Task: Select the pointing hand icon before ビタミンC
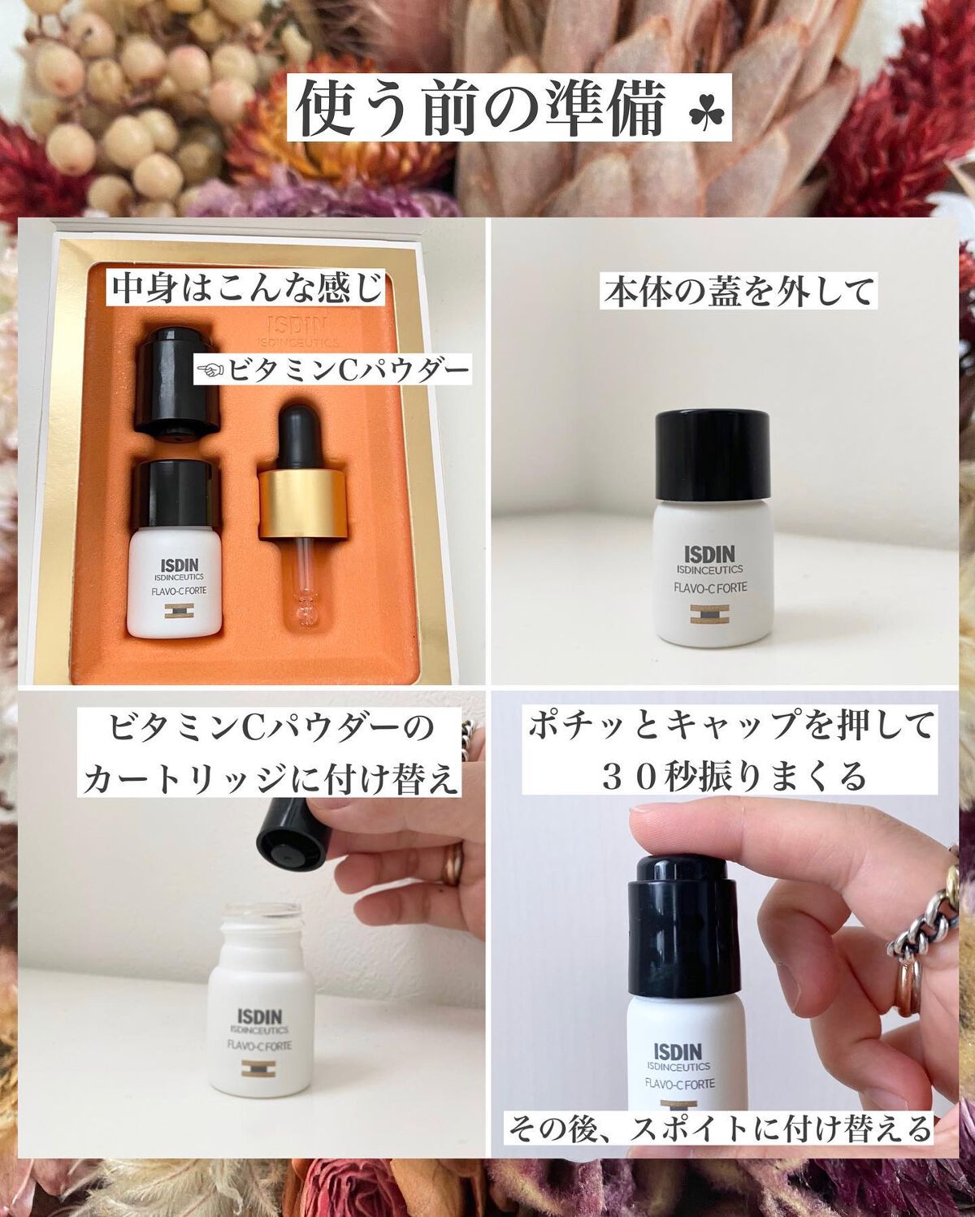pyautogui.click(x=211, y=371)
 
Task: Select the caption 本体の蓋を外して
pyautogui.click(x=739, y=292)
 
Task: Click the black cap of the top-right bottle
pyautogui.click(x=712, y=455)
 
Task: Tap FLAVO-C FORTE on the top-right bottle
pyautogui.click(x=710, y=587)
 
